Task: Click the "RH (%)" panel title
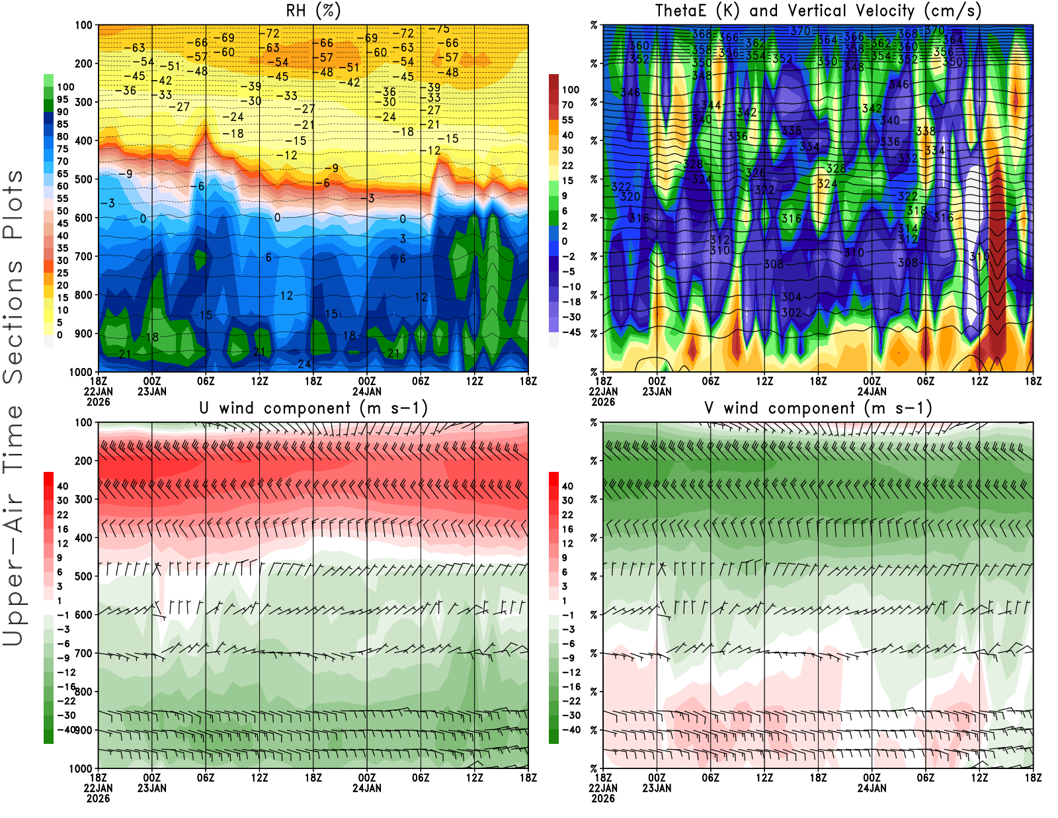pyautogui.click(x=313, y=11)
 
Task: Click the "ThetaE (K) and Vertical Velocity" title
pyautogui.click(x=818, y=11)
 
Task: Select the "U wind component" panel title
pyautogui.click(x=313, y=408)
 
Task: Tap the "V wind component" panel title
pyautogui.click(x=818, y=408)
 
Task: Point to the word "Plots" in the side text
pyautogui.click(x=13, y=204)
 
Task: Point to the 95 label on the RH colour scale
pyautogui.click(x=62, y=99)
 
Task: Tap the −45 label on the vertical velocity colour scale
pyautogui.click(x=571, y=332)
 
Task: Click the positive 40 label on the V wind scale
pyautogui.click(x=567, y=486)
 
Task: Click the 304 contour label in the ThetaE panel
pyautogui.click(x=792, y=297)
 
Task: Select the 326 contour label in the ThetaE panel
pyautogui.click(x=756, y=173)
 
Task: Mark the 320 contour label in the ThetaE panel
pyautogui.click(x=630, y=197)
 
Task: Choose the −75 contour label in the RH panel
pyautogui.click(x=439, y=29)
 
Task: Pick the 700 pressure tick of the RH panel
pyautogui.click(x=83, y=256)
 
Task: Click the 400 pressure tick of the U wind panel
pyautogui.click(x=83, y=538)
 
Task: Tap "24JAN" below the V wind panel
pyautogui.click(x=872, y=788)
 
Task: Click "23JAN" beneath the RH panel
pyautogui.click(x=152, y=392)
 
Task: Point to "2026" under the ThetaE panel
pyautogui.click(x=603, y=402)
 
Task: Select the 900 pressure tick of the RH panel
pyautogui.click(x=83, y=334)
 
